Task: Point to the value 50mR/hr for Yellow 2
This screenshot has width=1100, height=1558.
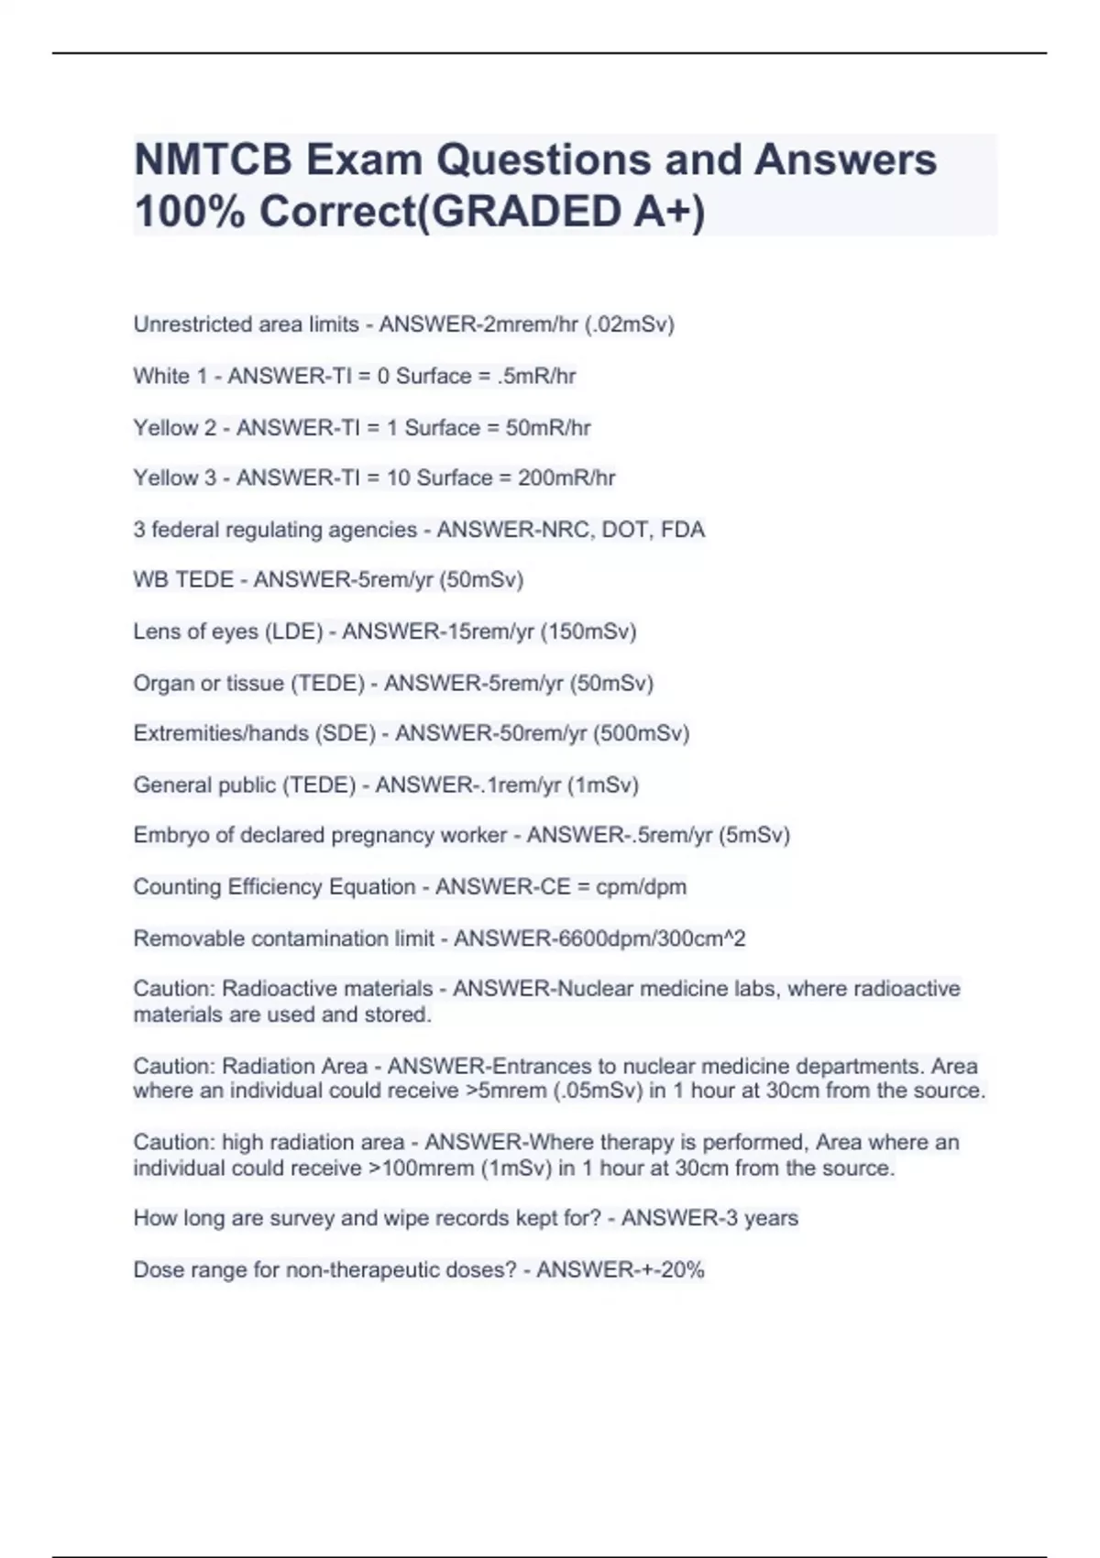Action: (548, 428)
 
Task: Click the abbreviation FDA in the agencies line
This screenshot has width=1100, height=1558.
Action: (682, 530)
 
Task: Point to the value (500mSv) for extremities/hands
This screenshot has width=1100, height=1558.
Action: (641, 733)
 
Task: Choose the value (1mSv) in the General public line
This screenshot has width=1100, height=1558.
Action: (602, 785)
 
